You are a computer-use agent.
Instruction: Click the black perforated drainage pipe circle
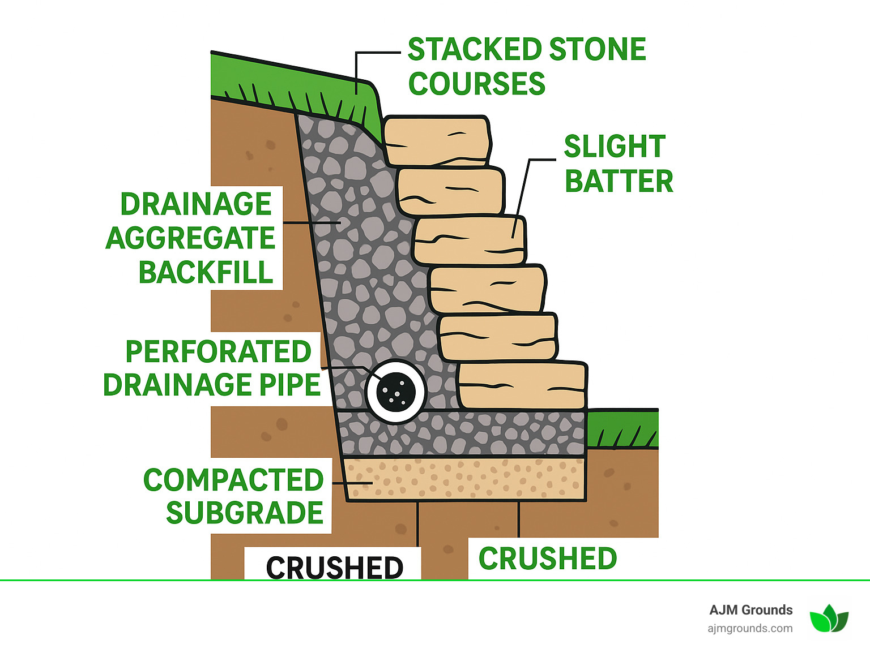coord(395,391)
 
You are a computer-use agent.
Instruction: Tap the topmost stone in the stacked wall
coord(436,140)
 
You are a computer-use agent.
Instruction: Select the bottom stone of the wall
coord(522,386)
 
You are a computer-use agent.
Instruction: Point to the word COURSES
coord(476,84)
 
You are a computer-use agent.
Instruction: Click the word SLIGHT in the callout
coord(615,147)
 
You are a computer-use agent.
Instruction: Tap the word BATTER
coord(619,182)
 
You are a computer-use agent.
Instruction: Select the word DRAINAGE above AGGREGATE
coord(196,204)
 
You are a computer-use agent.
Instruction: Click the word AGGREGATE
coord(190,238)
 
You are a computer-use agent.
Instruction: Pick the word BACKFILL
coord(206,273)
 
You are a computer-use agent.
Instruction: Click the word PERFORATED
coord(218,352)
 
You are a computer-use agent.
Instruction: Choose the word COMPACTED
coord(233,480)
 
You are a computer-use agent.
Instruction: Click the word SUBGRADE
coord(244,513)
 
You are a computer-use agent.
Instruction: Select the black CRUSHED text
coord(334,567)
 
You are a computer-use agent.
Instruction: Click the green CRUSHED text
coord(547,559)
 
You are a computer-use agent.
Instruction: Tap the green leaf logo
coord(829,618)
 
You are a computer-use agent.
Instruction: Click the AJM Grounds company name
coord(750,610)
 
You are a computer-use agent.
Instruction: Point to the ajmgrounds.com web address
coord(749,628)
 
